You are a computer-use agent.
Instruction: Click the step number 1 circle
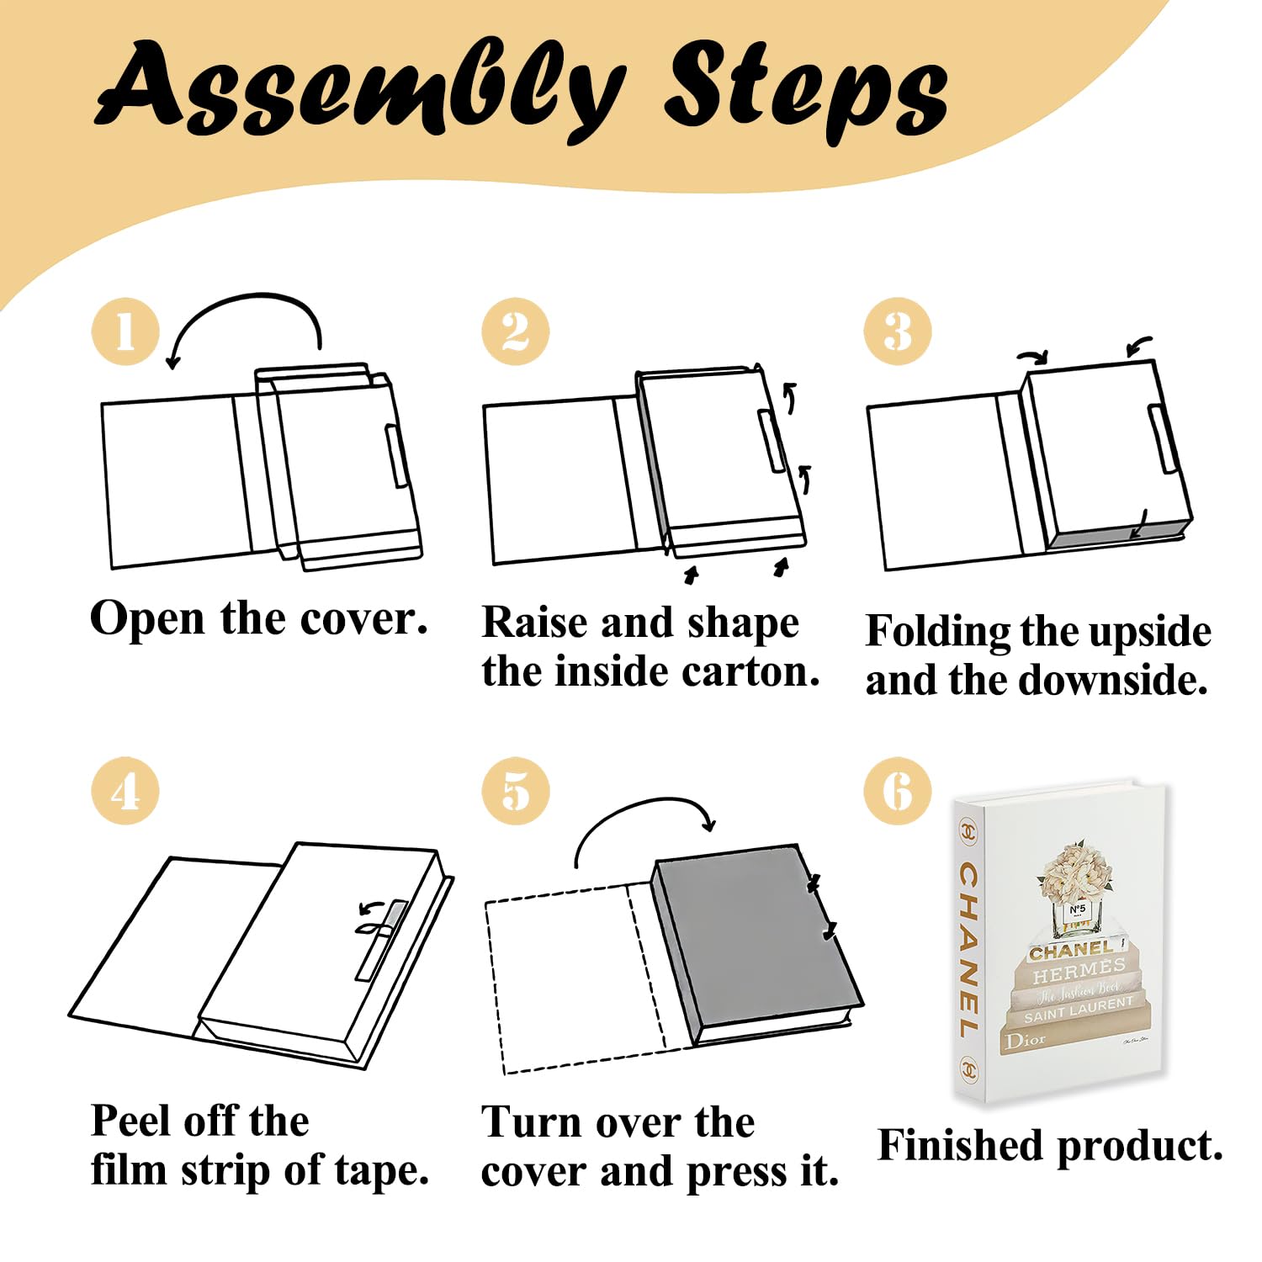(125, 331)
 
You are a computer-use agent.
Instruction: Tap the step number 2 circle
(516, 331)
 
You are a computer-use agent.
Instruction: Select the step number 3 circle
(898, 331)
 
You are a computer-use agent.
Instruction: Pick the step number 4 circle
(125, 791)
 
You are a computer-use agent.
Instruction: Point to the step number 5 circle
(516, 791)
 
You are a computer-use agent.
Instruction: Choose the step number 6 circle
(898, 791)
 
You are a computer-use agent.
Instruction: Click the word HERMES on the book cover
(1079, 971)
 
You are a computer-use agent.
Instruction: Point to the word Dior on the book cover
(1026, 1041)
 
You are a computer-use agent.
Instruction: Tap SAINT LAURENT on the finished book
(1079, 1010)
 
